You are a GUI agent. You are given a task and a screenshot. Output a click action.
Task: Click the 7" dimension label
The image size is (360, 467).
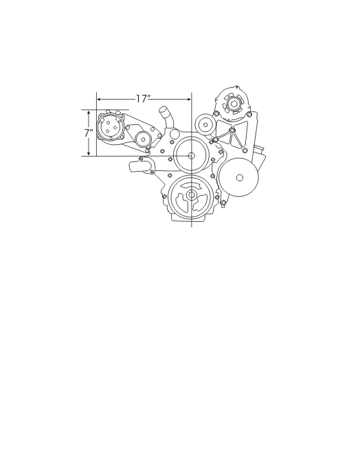(88, 133)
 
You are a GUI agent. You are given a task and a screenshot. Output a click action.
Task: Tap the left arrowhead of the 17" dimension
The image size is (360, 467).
(100, 99)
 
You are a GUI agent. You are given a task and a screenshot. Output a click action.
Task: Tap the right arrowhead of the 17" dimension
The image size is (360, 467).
(188, 99)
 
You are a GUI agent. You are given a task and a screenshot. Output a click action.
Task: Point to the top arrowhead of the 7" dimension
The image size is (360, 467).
(89, 113)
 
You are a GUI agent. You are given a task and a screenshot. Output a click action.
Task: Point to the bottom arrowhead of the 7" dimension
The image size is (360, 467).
(89, 152)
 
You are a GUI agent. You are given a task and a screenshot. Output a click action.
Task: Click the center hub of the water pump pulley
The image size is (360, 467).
(191, 155)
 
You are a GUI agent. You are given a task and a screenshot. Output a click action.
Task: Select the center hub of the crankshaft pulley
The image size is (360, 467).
(191, 195)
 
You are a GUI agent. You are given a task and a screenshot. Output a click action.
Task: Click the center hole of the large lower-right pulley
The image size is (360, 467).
(239, 178)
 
